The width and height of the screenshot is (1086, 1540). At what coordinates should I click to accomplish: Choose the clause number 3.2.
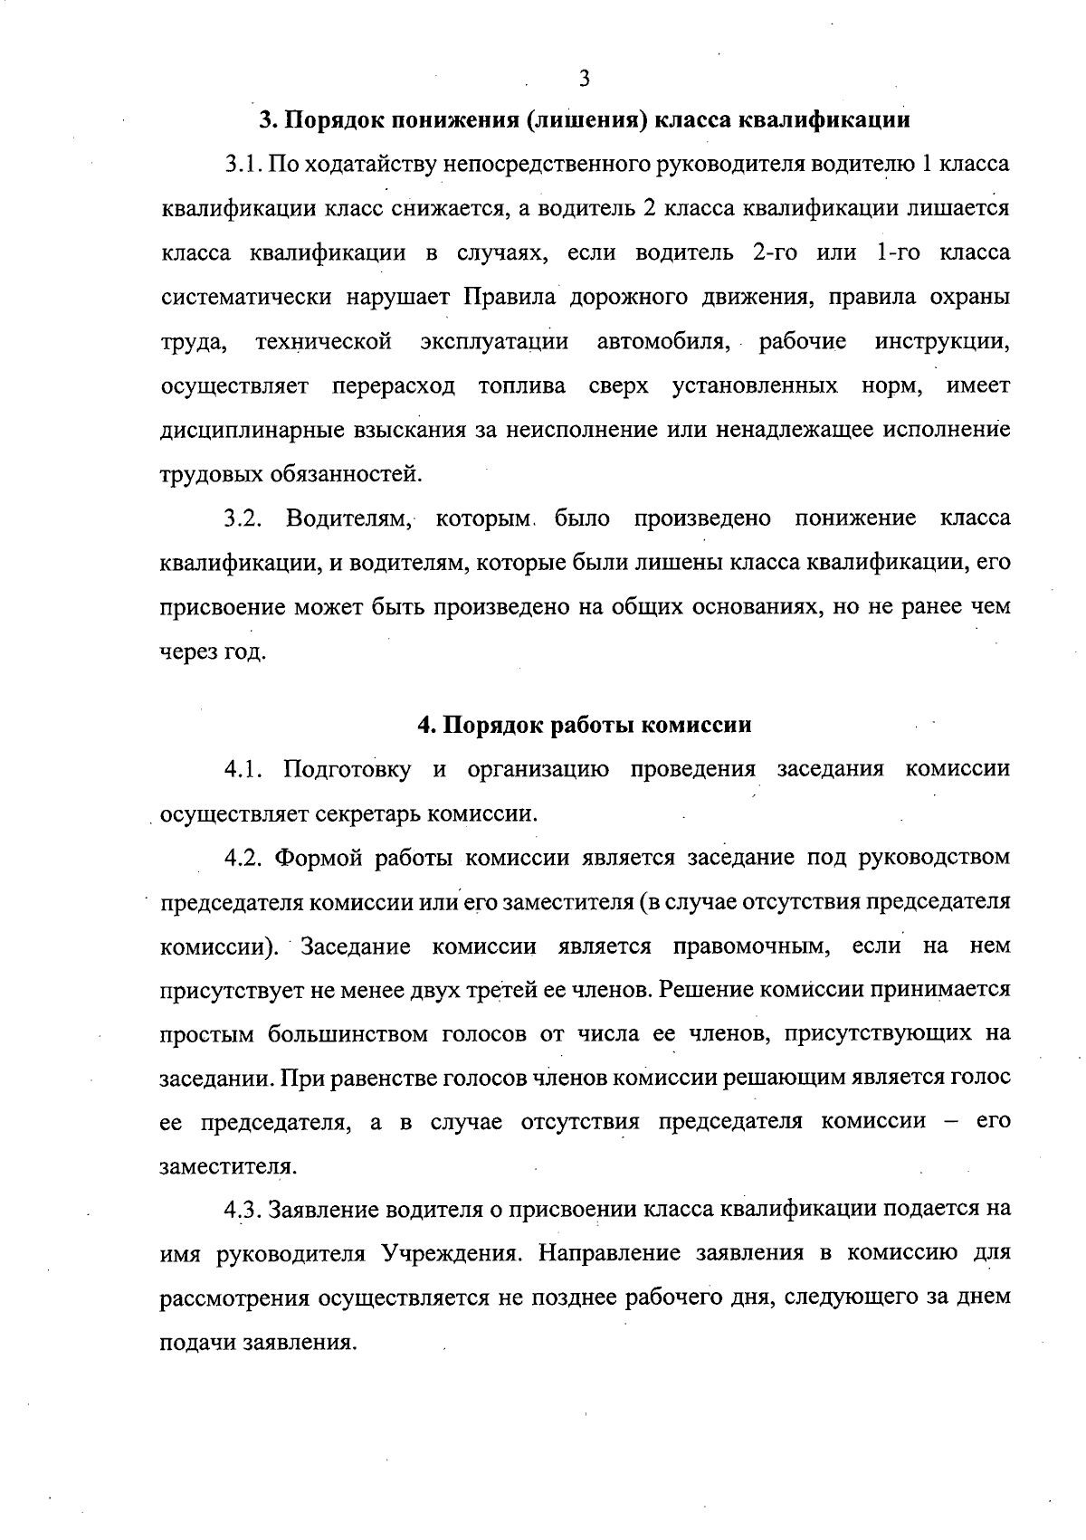[244, 518]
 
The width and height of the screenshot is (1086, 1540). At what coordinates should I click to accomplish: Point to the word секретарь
[367, 813]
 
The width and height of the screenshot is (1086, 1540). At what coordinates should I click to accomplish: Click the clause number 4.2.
[244, 857]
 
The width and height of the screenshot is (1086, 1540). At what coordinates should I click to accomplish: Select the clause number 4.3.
[244, 1210]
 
